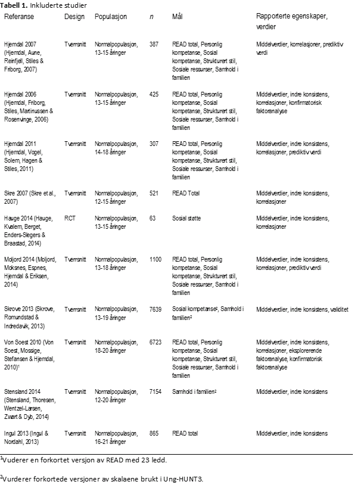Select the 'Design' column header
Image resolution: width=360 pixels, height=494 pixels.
click(x=75, y=17)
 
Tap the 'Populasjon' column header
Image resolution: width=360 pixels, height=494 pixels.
click(x=111, y=17)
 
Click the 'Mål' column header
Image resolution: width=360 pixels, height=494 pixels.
click(x=177, y=17)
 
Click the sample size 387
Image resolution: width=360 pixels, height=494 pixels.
click(x=154, y=45)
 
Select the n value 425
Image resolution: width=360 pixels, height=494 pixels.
click(x=154, y=94)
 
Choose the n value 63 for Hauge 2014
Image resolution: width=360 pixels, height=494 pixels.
click(x=152, y=219)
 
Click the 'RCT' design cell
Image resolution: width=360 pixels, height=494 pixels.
click(x=70, y=219)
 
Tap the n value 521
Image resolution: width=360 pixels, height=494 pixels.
click(x=154, y=194)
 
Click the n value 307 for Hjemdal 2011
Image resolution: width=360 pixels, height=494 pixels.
click(x=154, y=144)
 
